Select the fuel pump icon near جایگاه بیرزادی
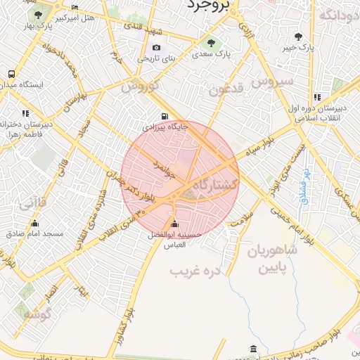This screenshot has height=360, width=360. [x=165, y=117]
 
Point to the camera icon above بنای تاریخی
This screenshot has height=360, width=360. [x=156, y=49]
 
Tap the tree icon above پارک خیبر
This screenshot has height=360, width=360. [x=300, y=36]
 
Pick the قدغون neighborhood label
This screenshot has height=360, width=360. [x=226, y=90]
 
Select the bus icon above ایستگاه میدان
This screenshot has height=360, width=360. [x=11, y=74]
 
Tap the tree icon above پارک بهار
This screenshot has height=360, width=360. [x=37, y=14]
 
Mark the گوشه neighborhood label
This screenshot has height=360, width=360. [x=37, y=314]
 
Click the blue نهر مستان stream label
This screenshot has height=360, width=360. [x=304, y=185]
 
